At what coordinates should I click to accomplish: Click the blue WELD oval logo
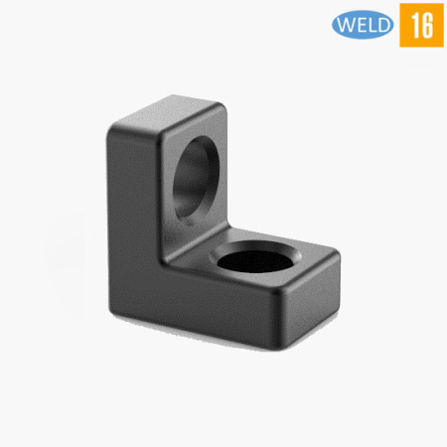click(363, 25)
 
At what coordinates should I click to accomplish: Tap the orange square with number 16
click(421, 25)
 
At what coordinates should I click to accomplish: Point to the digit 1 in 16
click(414, 25)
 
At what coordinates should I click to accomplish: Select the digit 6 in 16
click(427, 26)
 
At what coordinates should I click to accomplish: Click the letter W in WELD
click(347, 25)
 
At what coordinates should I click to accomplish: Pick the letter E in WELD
click(362, 25)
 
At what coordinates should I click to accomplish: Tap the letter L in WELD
click(372, 25)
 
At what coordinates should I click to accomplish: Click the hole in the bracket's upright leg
click(196, 177)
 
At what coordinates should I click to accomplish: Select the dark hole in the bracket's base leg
click(255, 261)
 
